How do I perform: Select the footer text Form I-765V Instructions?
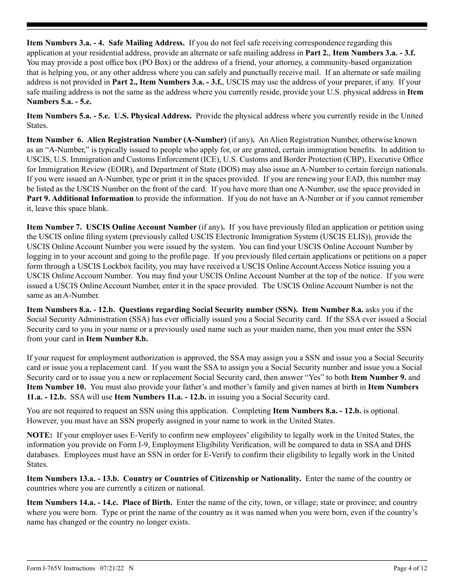point(61,568)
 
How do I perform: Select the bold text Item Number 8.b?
point(117,339)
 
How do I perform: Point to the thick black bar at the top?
point(227,25)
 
